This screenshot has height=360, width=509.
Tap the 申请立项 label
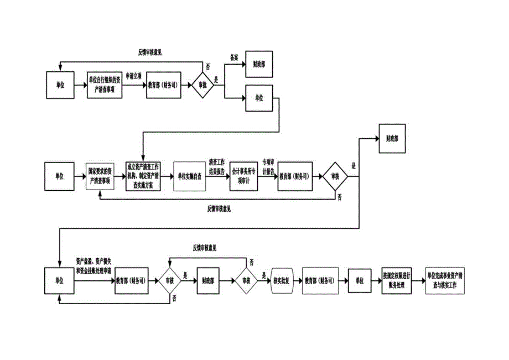tap(133, 75)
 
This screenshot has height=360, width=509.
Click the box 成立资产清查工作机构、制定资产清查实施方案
tap(143, 176)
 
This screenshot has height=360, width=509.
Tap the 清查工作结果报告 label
tap(217, 166)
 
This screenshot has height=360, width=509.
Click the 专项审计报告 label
tap(268, 167)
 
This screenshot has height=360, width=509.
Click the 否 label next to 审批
tap(207, 66)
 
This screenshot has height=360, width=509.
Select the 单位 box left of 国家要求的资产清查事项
tap(59, 176)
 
